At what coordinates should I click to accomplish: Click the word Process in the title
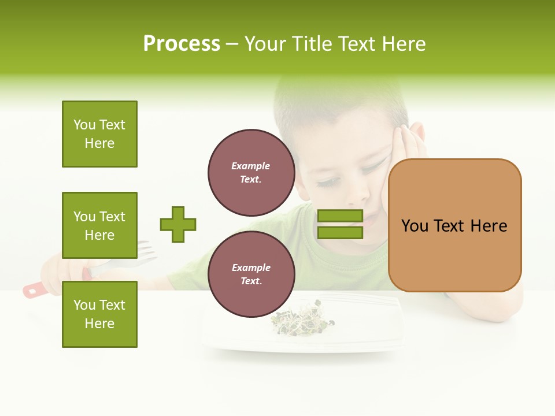click(x=182, y=44)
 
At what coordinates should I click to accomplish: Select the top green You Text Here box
click(x=99, y=134)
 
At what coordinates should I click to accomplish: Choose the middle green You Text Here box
click(x=99, y=225)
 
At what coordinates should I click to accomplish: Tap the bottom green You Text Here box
click(x=99, y=314)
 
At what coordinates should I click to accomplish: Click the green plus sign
click(x=178, y=224)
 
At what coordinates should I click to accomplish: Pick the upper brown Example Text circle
click(x=251, y=173)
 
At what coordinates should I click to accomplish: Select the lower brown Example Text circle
click(x=251, y=274)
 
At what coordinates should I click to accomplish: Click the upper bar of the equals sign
click(x=340, y=216)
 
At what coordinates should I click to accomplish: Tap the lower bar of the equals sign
click(x=340, y=232)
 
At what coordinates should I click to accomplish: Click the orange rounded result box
click(x=454, y=225)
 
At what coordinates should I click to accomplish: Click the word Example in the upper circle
click(x=250, y=166)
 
